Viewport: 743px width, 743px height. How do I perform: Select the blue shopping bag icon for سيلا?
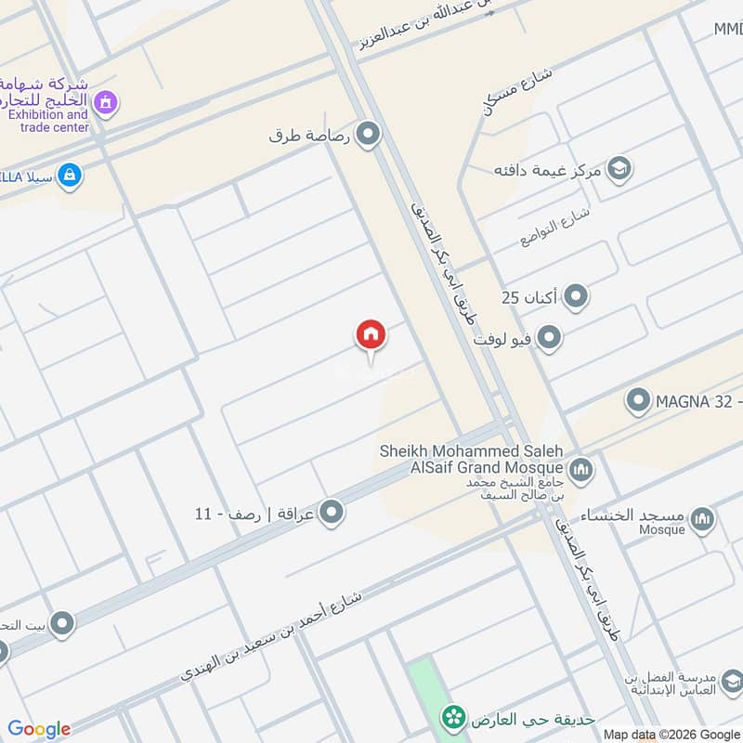pos(68,174)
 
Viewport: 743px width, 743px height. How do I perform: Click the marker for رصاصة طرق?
pos(369,136)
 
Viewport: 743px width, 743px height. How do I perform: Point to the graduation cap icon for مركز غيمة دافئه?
pos(619,169)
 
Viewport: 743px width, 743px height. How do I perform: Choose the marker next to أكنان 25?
pos(577,297)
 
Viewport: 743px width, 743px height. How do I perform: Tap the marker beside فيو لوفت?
pos(549,338)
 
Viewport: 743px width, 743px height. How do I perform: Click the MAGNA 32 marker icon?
pos(637,401)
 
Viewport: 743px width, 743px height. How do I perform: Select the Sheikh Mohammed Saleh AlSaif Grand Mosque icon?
pos(581,469)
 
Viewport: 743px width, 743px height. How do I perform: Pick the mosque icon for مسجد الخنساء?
pos(703,518)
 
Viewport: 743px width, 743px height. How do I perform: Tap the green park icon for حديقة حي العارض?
pos(453,717)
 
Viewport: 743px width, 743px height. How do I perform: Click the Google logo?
pos(39,729)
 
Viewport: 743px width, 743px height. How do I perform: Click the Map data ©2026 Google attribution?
pos(672,735)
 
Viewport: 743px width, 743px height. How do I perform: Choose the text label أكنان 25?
pos(528,297)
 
